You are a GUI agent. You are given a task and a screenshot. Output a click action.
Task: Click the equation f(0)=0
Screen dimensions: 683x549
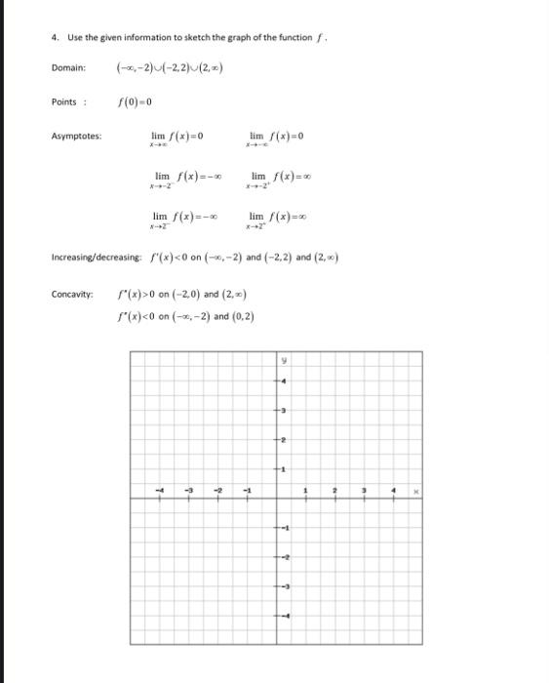click(135, 101)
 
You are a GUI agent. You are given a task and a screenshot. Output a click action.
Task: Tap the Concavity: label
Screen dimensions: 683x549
click(73, 293)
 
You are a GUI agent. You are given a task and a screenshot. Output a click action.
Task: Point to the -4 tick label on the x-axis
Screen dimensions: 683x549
click(160, 491)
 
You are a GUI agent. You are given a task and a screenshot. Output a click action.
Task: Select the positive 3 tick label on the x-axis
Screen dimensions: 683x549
click(365, 491)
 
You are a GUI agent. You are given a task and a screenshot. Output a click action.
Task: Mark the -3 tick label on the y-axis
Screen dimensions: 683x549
click(283, 587)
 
